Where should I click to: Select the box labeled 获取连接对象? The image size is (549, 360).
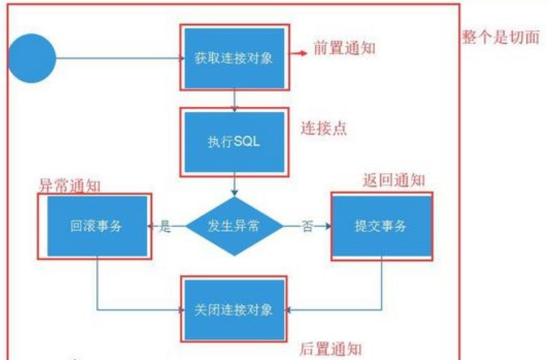[x=234, y=58]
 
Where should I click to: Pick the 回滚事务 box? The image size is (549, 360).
[x=97, y=226]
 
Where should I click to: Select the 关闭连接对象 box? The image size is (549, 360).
[x=234, y=309]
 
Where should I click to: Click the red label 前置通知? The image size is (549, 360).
[x=345, y=48]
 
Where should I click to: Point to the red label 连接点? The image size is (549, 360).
[x=324, y=128]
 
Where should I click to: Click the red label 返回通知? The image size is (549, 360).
[x=394, y=180]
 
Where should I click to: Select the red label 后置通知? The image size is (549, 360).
[x=331, y=348]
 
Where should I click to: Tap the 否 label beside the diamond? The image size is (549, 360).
[x=307, y=226]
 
